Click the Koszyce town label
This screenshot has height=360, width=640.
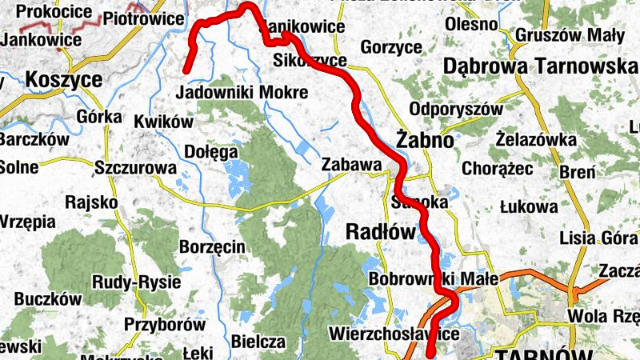[x=64, y=79]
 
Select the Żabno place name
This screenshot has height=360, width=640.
[x=425, y=139]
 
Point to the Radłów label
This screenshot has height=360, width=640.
[x=382, y=232]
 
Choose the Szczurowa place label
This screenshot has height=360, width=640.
[x=134, y=168]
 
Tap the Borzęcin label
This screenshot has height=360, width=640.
[x=212, y=247]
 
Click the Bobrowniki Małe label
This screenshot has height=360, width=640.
[x=434, y=279]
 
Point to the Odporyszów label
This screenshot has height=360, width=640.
[x=455, y=109]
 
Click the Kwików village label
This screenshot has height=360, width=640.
[x=164, y=122]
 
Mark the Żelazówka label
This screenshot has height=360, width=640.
[x=535, y=140]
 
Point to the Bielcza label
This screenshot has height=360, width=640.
[x=258, y=342]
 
